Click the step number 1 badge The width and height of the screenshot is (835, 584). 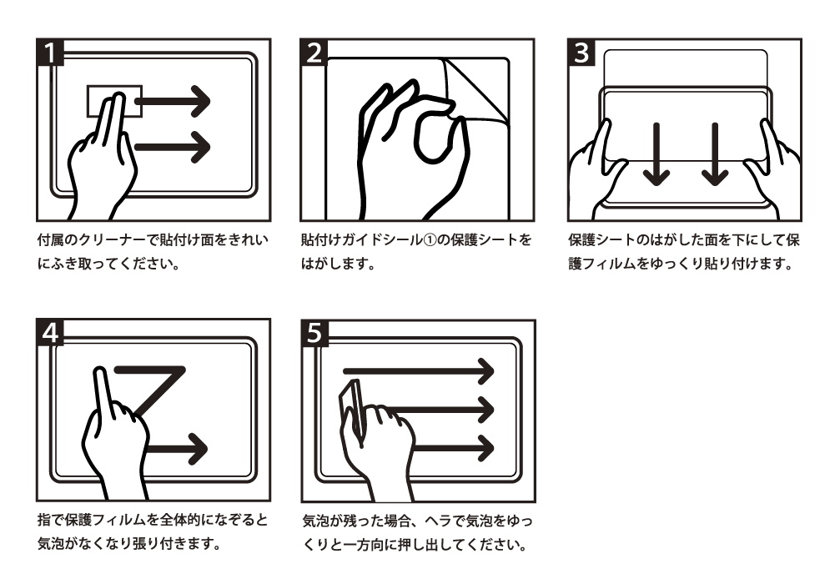(x=50, y=53)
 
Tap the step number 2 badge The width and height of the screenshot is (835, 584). (x=314, y=53)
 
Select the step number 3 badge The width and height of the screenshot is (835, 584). (x=581, y=53)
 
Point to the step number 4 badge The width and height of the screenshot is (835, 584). (x=50, y=333)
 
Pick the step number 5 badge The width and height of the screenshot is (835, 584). (x=314, y=333)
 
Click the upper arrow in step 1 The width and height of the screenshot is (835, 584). (x=173, y=101)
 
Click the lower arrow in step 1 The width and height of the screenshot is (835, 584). (x=173, y=147)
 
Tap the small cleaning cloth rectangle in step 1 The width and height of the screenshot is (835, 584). (x=114, y=101)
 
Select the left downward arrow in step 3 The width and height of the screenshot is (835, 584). (x=656, y=154)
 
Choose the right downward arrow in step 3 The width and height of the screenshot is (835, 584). (x=715, y=154)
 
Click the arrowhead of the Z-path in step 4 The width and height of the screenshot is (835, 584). (x=197, y=448)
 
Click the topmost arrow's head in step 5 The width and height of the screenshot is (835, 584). (x=485, y=371)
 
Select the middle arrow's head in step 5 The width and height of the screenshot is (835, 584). (x=485, y=410)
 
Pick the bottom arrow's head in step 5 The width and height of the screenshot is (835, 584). (x=485, y=448)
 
